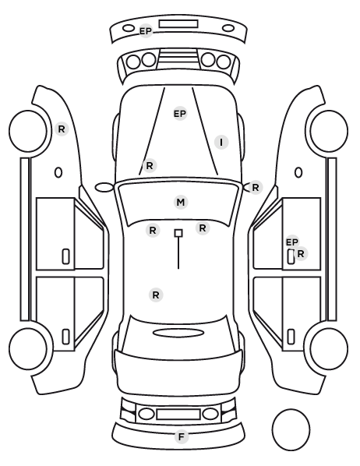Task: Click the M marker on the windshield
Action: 181,203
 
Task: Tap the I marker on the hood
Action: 221,143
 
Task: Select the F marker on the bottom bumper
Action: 182,437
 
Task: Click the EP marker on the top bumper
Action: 146,31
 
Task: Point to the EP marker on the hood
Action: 180,114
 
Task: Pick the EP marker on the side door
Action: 292,242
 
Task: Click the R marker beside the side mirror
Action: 256,188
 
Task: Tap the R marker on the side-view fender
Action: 62,129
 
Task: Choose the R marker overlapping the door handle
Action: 301,254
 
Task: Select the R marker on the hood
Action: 150,165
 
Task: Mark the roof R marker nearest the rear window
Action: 156,295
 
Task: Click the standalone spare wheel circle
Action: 291,429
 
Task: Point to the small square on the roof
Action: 178,233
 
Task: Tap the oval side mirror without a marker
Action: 104,188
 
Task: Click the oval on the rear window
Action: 178,334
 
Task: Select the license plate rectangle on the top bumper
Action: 178,24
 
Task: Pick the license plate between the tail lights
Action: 178,415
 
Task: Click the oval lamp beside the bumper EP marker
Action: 129,28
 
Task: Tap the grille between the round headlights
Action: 178,58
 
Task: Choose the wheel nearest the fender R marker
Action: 28,132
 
